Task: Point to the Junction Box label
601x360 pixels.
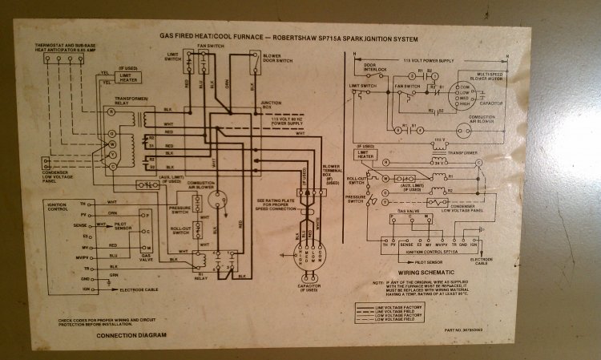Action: pyautogui.click(x=272, y=104)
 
